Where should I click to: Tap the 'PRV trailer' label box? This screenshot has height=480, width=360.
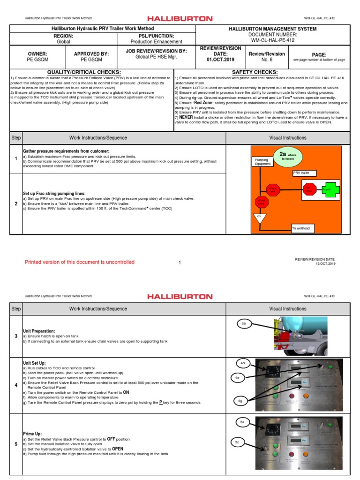pos(304,173)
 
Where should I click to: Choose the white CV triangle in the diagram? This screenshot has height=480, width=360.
pos(259,218)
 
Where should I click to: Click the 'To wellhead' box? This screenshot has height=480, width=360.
pos(303,228)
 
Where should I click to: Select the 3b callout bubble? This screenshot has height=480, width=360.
pos(244,324)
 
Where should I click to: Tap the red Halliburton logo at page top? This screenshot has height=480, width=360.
pos(180,19)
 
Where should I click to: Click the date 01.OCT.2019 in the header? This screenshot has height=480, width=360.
pos(214,60)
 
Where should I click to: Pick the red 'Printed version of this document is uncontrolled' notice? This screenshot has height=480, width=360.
pos(80,262)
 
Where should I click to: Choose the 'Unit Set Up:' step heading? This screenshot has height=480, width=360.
pos(36,363)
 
